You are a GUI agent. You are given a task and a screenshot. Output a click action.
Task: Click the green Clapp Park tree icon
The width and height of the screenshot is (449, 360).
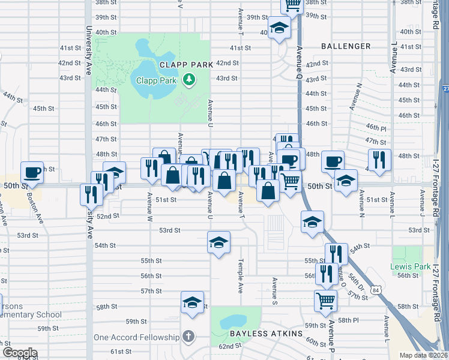pyautogui.click(x=189, y=80)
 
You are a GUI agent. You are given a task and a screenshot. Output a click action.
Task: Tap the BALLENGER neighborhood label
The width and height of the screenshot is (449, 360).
pyautogui.click(x=346, y=46)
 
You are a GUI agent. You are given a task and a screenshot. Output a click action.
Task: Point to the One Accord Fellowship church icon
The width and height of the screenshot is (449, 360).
pyautogui.click(x=188, y=337)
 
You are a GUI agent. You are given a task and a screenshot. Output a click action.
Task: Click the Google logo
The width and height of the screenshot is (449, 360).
pyautogui.click(x=20, y=353)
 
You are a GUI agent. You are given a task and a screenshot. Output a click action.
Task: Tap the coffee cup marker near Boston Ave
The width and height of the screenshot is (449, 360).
pyautogui.click(x=32, y=172)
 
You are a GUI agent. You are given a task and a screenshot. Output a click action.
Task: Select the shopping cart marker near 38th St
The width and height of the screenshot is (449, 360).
pyautogui.click(x=292, y=5)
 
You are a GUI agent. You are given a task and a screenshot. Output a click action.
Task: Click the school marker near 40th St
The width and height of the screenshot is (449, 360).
pyautogui.click(x=279, y=28)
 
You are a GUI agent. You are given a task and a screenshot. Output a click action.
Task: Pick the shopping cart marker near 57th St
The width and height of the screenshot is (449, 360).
pyautogui.click(x=325, y=300)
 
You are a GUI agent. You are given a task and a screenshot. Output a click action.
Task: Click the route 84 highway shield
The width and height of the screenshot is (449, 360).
pyautogui.click(x=375, y=290)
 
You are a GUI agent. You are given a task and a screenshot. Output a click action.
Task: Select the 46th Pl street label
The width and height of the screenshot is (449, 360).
pyautogui.click(x=376, y=128)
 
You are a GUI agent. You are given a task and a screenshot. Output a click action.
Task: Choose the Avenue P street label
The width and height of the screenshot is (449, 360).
pyautogui.click(x=330, y=340)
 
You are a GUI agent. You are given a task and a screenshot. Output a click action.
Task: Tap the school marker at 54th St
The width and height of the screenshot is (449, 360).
pyautogui.click(x=219, y=242)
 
